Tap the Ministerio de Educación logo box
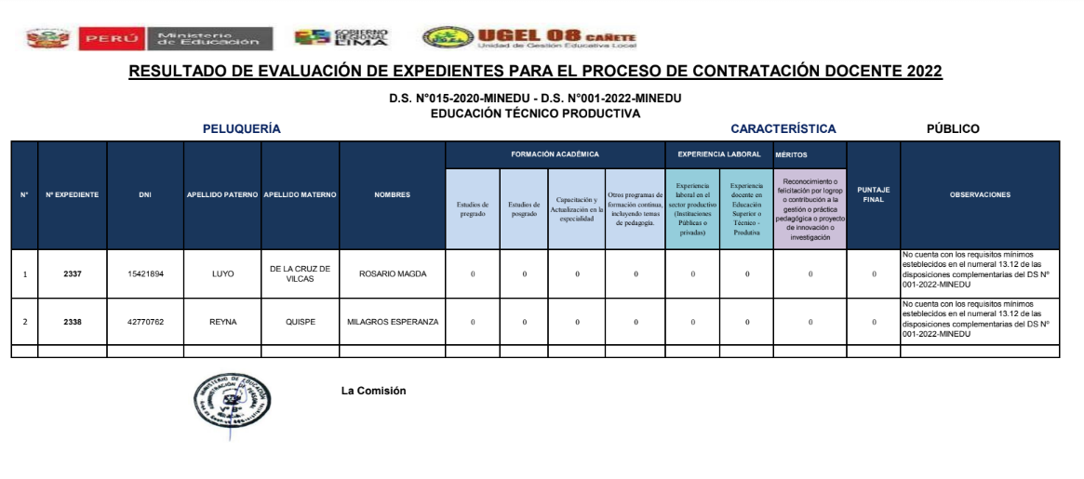(208, 38)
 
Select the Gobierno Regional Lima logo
(341, 37)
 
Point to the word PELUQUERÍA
(242, 128)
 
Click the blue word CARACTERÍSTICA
(783, 128)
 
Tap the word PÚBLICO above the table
(953, 128)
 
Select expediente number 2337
(73, 273)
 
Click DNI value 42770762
(145, 322)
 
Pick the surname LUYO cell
(222, 273)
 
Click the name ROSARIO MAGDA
(392, 273)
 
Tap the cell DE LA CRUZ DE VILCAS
(300, 273)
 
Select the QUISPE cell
(300, 322)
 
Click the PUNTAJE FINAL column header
(873, 194)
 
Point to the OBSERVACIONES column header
(980, 194)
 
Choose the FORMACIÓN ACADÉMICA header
(555, 154)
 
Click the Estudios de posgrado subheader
(525, 209)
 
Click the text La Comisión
(374, 391)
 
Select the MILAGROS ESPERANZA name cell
(392, 322)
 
